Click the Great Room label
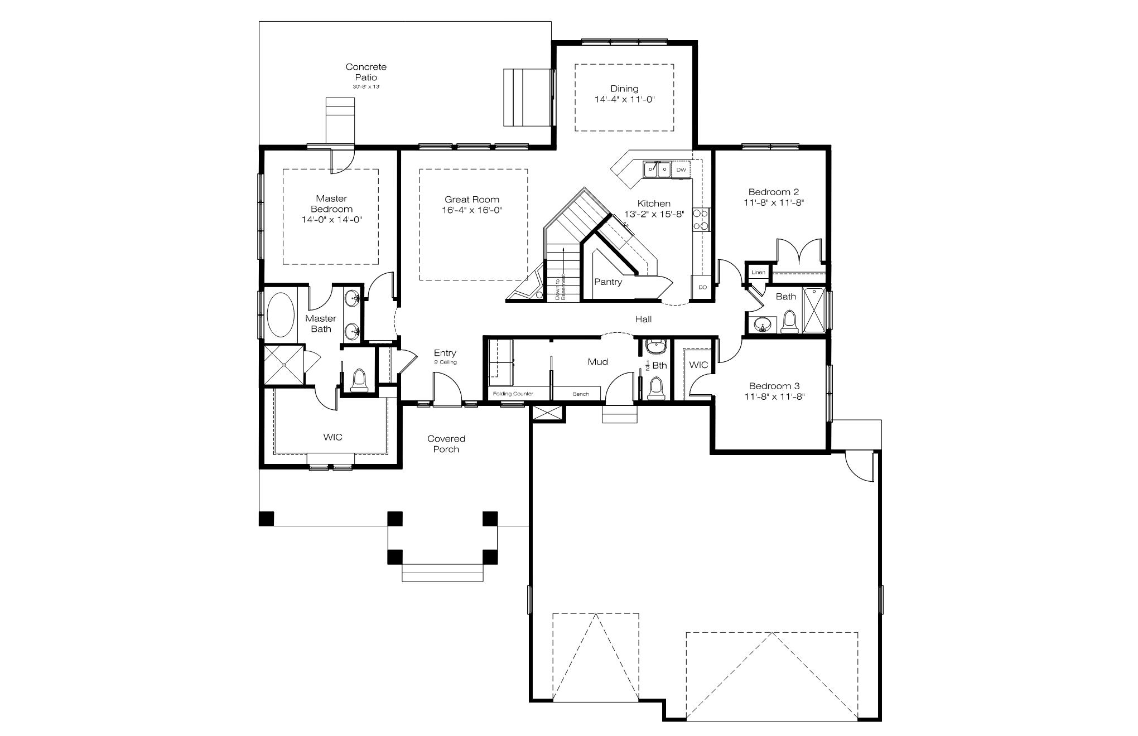click(472, 200)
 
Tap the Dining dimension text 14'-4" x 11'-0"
click(624, 100)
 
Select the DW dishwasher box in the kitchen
click(681, 170)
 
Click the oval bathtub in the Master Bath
click(281, 314)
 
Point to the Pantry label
click(607, 282)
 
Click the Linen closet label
click(758, 273)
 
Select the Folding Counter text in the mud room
click(513, 394)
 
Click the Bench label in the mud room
click(580, 394)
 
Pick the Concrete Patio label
click(366, 72)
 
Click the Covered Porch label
click(446, 444)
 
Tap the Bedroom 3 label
click(774, 386)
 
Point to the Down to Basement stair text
click(560, 287)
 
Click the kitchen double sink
click(657, 169)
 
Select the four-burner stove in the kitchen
click(701, 219)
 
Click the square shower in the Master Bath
click(284, 365)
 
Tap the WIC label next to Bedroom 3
click(698, 365)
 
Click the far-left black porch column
click(267, 519)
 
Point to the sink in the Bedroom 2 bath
click(762, 324)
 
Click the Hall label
click(643, 319)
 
